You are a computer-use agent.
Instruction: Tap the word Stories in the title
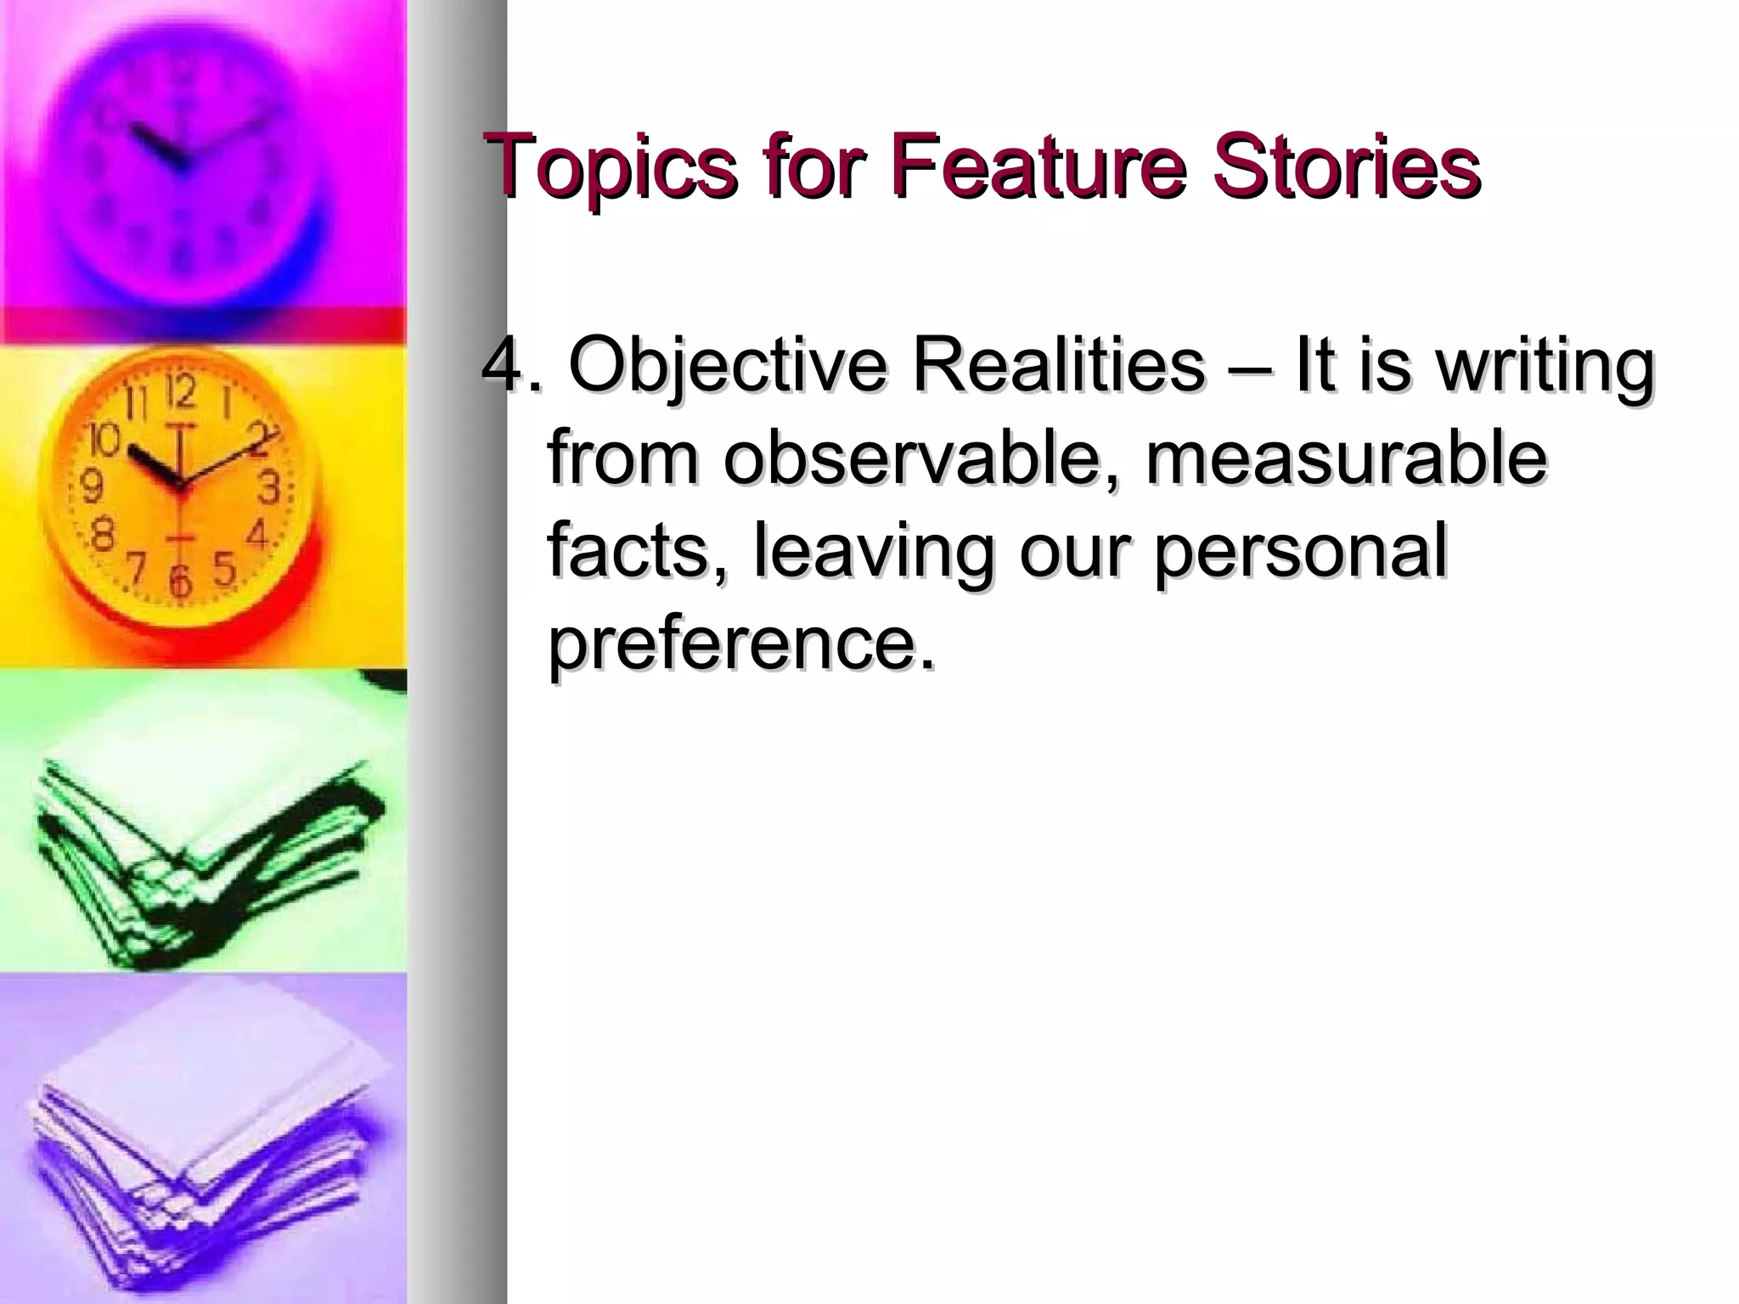pos(1347,166)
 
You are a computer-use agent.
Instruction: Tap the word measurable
pos(1346,458)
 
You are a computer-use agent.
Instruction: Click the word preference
pos(740,645)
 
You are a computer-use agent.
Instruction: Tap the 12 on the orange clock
pos(178,394)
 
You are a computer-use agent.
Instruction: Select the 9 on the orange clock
pos(92,486)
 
